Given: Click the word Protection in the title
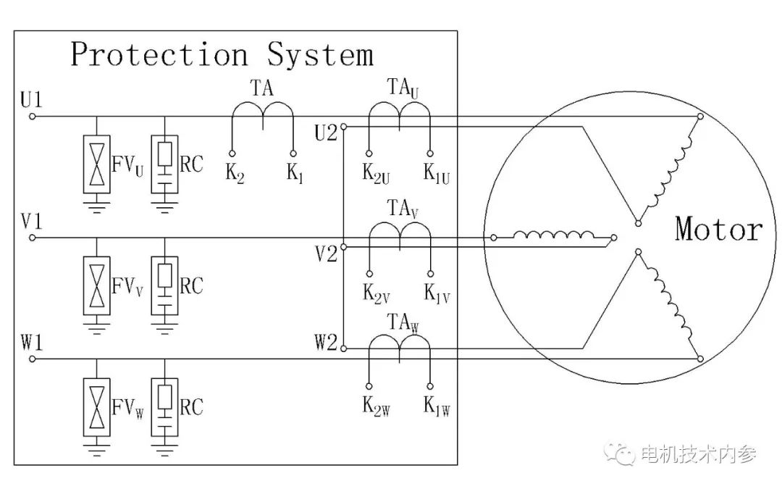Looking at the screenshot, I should (x=159, y=56).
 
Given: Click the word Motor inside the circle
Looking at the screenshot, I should (x=718, y=230).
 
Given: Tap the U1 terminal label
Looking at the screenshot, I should (x=32, y=99).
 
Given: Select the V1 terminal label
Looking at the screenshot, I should (x=32, y=221).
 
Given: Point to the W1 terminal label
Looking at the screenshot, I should (x=32, y=341).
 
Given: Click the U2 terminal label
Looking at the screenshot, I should (x=326, y=133).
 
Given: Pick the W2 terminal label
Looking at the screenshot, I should (x=326, y=341).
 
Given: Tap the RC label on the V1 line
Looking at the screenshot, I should (x=192, y=286).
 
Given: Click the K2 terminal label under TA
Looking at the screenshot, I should (x=233, y=174).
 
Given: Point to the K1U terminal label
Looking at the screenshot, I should (x=437, y=175).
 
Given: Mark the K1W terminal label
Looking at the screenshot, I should (x=437, y=410).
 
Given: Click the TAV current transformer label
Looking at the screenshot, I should (x=403, y=210).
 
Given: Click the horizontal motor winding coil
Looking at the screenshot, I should (x=553, y=235).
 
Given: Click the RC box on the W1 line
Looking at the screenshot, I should (x=166, y=406).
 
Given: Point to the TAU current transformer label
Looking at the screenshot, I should (x=403, y=88).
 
